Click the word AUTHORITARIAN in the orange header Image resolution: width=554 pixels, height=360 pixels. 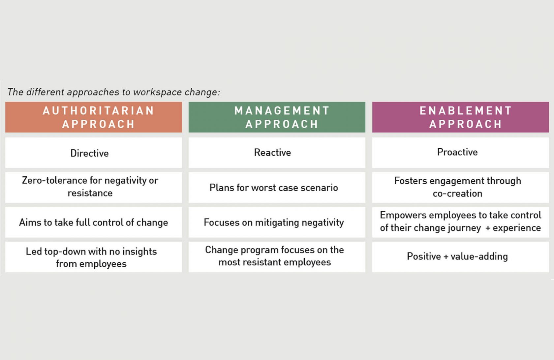98,110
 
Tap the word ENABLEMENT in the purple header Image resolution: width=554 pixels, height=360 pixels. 466,110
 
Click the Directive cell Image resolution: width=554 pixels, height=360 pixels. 94,153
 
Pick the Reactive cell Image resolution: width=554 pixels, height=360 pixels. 277,153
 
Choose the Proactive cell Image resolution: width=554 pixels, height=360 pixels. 460,153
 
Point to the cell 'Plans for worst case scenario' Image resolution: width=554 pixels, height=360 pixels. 277,187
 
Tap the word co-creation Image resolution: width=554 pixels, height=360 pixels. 458,193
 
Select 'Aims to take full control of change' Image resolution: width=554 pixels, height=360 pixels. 94,222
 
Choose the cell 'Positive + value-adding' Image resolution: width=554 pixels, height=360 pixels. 460,257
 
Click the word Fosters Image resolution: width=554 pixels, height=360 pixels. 411,181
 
